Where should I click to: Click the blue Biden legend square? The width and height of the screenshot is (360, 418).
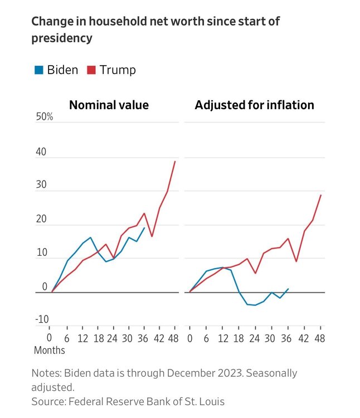pos(39,70)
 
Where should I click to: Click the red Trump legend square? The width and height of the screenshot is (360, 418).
pos(91,70)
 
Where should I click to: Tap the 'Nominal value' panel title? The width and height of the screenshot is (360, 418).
pos(109,105)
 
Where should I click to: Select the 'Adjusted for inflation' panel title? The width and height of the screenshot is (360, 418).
pos(254,105)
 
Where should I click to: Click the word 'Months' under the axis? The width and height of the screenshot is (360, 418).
pos(50,351)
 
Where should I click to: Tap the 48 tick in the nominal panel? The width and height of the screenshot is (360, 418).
pos(174,338)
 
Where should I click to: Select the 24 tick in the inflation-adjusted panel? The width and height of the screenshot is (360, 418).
pos(255,338)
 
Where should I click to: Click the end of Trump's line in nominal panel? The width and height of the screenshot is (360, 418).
pos(175,162)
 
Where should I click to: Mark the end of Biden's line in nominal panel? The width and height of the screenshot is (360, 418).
pos(145,227)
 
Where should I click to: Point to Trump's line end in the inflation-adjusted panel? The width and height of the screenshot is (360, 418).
pos(321,195)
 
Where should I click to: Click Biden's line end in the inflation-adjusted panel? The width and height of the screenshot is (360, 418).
pos(288,289)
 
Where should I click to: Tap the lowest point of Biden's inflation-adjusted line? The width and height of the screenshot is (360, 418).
pos(255,305)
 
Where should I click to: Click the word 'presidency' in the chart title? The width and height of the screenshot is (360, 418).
pos(62,39)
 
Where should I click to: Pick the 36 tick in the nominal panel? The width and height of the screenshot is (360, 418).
pos(144,338)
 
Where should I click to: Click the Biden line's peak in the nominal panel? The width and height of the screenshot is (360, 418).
pos(90,237)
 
